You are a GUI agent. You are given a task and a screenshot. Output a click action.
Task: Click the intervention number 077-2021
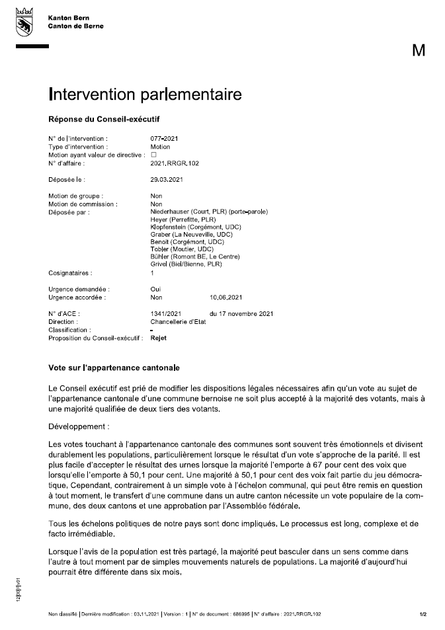pyautogui.click(x=165, y=138)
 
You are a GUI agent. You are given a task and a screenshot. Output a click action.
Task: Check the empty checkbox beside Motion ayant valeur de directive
pyautogui.click(x=153, y=154)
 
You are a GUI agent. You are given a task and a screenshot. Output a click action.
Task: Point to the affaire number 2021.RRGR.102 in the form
pyautogui.click(x=175, y=162)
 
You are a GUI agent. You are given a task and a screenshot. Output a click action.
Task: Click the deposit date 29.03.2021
pyautogui.click(x=167, y=179)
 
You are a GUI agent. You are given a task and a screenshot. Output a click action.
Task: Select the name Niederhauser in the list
pyautogui.click(x=172, y=212)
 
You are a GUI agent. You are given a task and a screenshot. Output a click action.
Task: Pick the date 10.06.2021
pyautogui.click(x=226, y=297)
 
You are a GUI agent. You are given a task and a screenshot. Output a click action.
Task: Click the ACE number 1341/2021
pyautogui.click(x=166, y=314)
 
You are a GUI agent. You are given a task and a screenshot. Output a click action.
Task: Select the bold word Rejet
pyautogui.click(x=159, y=338)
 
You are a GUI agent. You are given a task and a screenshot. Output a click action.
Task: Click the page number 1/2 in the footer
pyautogui.click(x=423, y=614)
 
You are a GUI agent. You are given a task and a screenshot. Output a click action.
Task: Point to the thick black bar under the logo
pyautogui.click(x=32, y=46)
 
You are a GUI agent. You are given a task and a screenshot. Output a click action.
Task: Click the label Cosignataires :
pyautogui.click(x=70, y=272)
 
